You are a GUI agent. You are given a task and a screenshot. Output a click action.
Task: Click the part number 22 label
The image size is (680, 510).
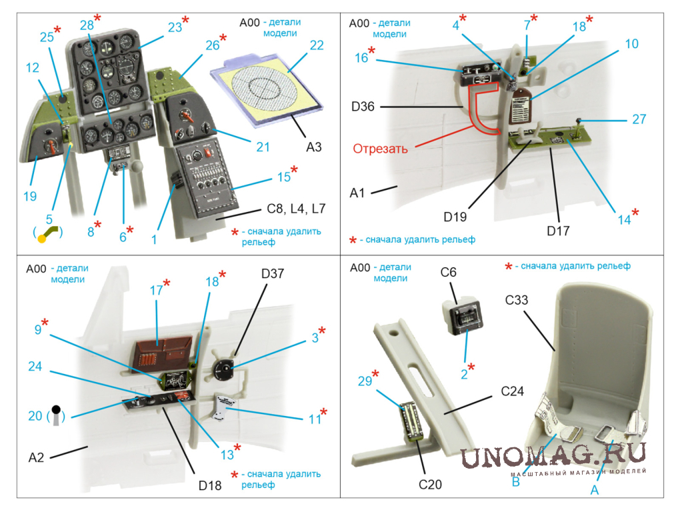[x=316, y=45]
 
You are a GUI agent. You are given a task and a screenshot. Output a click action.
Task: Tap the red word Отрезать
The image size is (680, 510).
[x=380, y=149]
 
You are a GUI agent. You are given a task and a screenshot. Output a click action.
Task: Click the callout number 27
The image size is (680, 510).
[x=639, y=119]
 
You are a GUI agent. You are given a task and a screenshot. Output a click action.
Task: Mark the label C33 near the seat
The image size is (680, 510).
[x=516, y=300]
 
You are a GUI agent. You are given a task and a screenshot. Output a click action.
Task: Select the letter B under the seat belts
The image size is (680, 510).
[x=515, y=481]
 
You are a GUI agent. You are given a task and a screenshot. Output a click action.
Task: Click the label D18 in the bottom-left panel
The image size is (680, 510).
[x=209, y=485]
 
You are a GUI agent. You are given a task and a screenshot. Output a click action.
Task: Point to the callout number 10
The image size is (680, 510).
[x=631, y=45]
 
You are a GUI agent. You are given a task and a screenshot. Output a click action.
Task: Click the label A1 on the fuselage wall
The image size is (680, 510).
[x=357, y=193]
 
